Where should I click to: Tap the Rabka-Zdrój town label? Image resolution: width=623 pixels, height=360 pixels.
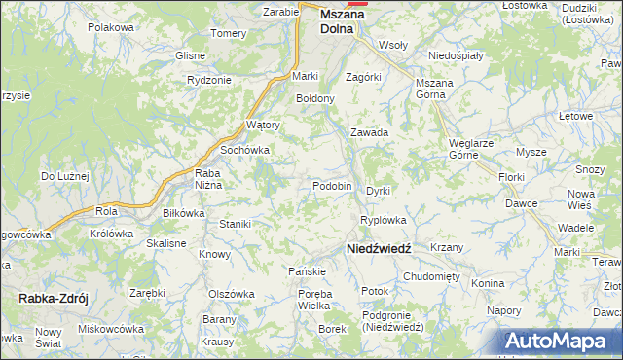pos(53,299)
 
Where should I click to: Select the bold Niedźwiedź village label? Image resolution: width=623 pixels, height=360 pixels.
pos(380,249)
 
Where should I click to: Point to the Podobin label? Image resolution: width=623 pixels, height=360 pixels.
pos(332,186)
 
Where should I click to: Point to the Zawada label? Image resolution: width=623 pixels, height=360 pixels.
pos(370,132)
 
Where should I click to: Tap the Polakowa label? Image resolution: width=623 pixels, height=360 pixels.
pos(110,27)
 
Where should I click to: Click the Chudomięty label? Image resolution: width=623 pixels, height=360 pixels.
pos(430,276)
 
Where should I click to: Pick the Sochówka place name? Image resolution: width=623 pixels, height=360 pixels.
pos(244,151)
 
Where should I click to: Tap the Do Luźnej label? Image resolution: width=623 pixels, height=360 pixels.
pos(64,176)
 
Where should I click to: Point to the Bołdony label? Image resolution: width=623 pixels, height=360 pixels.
pos(315,98)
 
